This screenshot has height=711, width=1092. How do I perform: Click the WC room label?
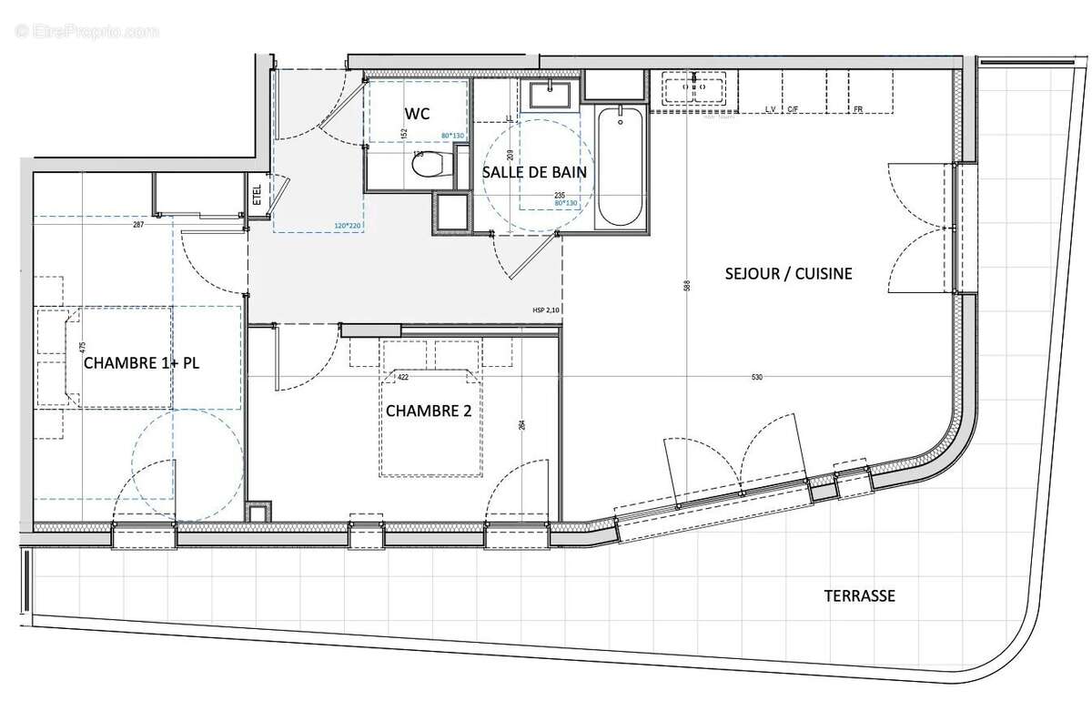tap(417, 114)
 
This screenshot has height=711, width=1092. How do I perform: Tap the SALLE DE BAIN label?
tap(533, 171)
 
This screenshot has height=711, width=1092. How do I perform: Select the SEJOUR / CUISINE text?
tap(788, 273)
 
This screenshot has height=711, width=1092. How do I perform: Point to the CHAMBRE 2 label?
tap(428, 411)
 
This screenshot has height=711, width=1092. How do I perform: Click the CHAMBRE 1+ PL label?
tap(141, 362)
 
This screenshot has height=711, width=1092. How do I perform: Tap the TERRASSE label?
tap(859, 596)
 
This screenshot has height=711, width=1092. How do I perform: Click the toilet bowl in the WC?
tap(433, 165)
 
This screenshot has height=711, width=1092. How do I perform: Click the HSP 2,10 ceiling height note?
tap(547, 310)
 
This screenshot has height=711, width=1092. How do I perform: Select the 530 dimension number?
tap(756, 377)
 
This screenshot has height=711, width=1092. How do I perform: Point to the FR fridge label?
tap(857, 109)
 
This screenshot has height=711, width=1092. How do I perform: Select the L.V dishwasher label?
tap(771, 109)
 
